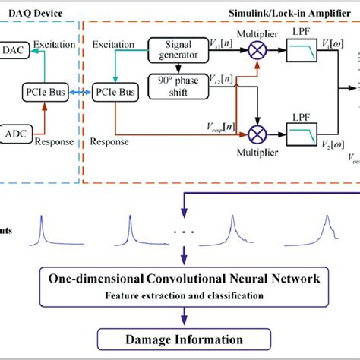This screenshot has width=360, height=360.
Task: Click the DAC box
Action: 13,49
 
